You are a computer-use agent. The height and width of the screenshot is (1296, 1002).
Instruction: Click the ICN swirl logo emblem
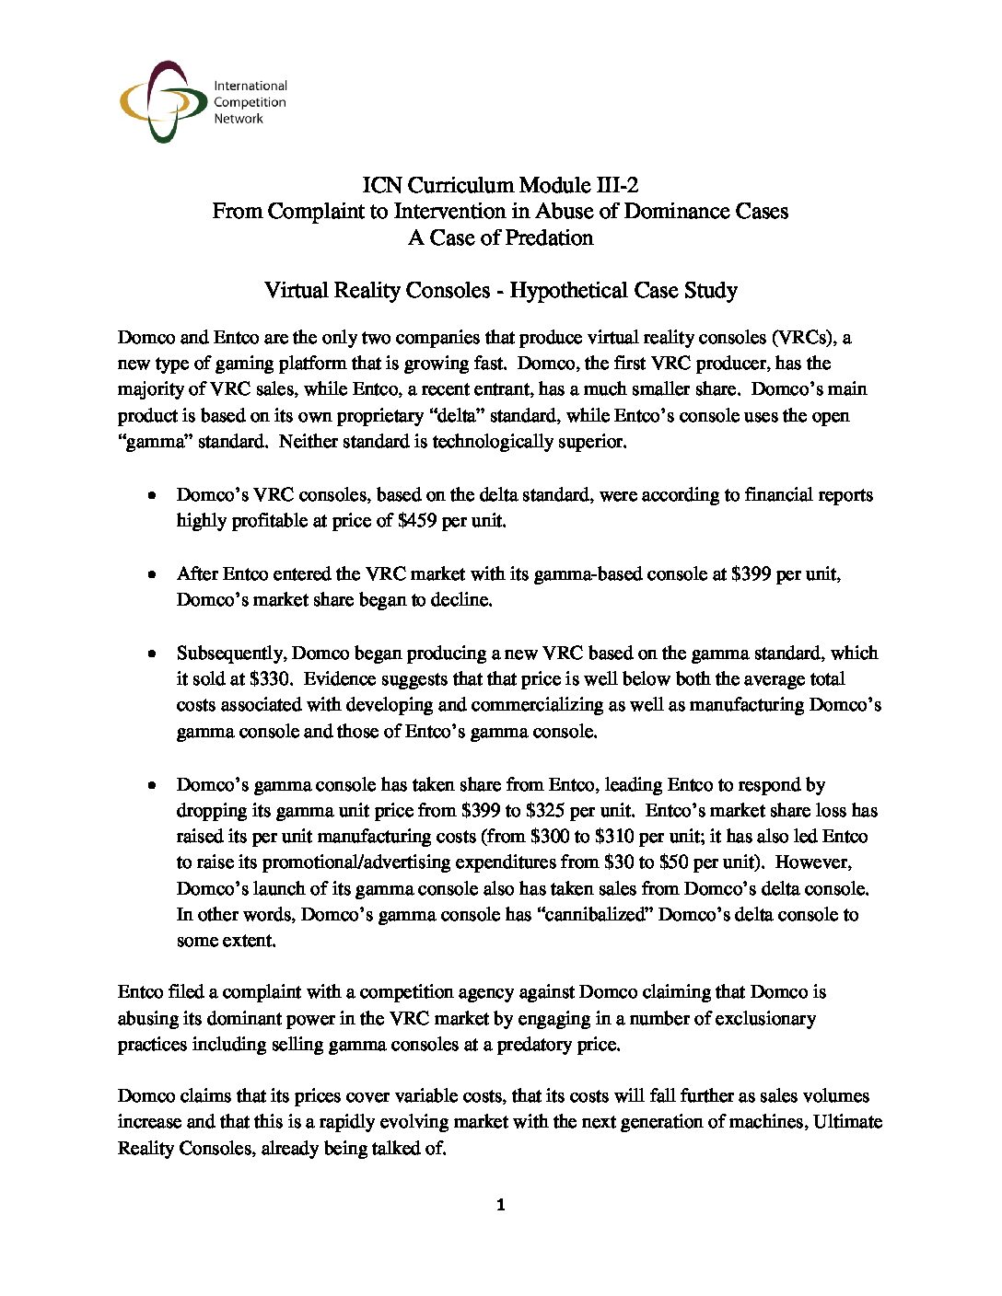coord(162,101)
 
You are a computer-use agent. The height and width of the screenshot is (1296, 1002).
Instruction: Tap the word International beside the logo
coord(250,86)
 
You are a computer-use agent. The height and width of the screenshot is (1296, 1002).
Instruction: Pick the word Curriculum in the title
coord(460,185)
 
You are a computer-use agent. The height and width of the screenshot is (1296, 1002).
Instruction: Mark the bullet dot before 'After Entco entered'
coord(152,574)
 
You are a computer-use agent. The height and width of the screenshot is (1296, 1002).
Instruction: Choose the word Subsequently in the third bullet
coord(230,653)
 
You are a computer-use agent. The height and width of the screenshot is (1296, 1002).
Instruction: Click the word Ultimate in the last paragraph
coord(848,1122)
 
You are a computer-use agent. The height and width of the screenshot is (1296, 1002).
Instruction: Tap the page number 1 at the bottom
coord(500,1205)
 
